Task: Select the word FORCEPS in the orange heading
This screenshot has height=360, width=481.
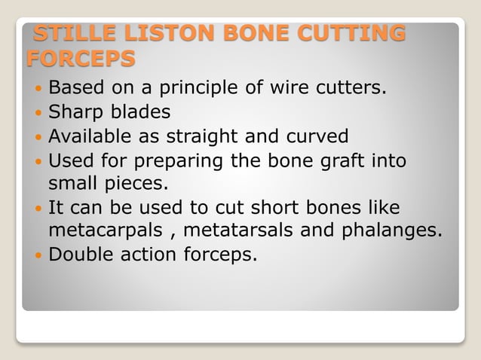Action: pyautogui.click(x=81, y=58)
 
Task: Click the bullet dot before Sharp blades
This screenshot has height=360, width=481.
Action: pyautogui.click(x=38, y=113)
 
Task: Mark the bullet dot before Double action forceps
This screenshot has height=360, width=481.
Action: pyautogui.click(x=38, y=255)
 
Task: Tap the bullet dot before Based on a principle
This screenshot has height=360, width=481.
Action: pyautogui.click(x=38, y=89)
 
